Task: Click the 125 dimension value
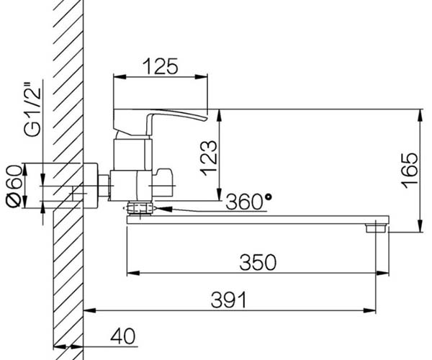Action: pos(161,66)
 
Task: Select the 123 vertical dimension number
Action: pos(209,158)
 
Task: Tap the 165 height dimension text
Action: pos(410,171)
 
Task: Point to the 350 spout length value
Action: pos(258,262)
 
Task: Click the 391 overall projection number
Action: pos(229,300)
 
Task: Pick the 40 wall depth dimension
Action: pos(123,336)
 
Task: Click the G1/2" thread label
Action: pos(32,112)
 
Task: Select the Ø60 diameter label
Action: pos(14,186)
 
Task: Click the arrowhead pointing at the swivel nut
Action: pos(163,210)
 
